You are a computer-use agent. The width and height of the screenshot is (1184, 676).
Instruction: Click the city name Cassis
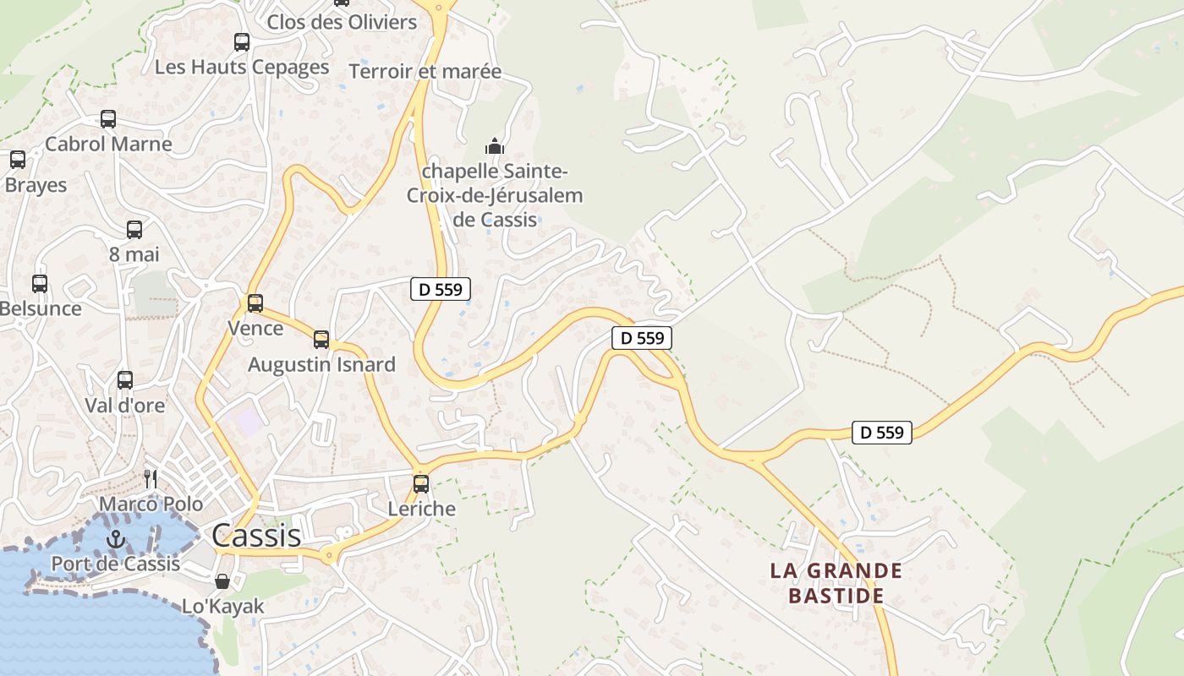(x=256, y=535)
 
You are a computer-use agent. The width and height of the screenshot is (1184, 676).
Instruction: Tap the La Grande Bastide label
(x=836, y=583)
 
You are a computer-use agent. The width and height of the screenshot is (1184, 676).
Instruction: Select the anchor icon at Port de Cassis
(x=115, y=539)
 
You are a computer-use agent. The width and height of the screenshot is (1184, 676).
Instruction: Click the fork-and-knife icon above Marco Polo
(x=151, y=479)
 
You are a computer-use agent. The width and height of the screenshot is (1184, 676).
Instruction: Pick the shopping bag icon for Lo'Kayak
(x=222, y=581)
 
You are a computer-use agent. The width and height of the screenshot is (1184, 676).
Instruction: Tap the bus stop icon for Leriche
(x=421, y=484)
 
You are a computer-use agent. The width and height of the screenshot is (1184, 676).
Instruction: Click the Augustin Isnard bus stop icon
(x=321, y=340)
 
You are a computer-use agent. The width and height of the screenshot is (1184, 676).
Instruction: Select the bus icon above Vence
(x=255, y=303)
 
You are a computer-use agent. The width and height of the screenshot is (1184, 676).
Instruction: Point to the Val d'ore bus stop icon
(x=125, y=380)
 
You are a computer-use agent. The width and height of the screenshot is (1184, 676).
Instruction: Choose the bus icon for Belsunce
(x=40, y=284)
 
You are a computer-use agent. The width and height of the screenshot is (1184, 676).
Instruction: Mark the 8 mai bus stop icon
(x=134, y=230)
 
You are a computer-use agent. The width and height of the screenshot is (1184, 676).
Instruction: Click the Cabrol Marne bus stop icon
(x=108, y=119)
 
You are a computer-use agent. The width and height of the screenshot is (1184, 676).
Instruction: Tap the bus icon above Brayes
(x=18, y=160)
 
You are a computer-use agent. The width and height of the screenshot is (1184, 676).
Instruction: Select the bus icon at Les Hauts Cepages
(x=242, y=42)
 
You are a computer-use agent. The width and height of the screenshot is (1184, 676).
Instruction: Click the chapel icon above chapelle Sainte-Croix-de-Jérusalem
(x=495, y=146)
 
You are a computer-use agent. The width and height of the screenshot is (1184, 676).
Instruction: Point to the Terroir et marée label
(x=425, y=72)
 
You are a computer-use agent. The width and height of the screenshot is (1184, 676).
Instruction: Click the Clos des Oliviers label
(x=342, y=22)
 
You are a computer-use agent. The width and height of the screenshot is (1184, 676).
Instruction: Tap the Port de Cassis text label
(x=116, y=564)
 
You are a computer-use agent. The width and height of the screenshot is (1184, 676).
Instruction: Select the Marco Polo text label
(x=151, y=504)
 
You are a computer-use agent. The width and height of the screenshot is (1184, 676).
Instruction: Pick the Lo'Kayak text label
(x=223, y=606)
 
